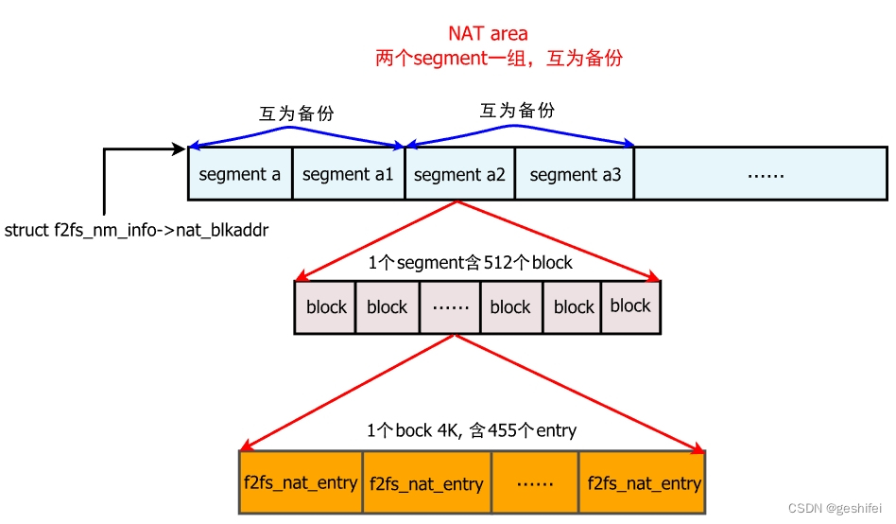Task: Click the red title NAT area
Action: (488, 34)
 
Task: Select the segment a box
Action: (240, 174)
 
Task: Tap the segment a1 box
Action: (348, 174)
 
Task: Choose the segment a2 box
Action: (459, 174)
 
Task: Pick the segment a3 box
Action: (575, 174)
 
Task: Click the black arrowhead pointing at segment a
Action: (181, 148)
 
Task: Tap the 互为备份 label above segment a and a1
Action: (297, 114)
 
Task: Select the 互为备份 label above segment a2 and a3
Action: (518, 110)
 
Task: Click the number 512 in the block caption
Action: (497, 263)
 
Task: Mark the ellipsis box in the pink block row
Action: (449, 306)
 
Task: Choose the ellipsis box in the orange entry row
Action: (535, 482)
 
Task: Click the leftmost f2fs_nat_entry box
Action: (300, 482)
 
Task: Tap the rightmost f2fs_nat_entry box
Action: (643, 482)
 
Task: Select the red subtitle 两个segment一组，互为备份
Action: (499, 58)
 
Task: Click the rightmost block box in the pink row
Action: (630, 306)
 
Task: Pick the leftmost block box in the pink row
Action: (326, 306)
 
